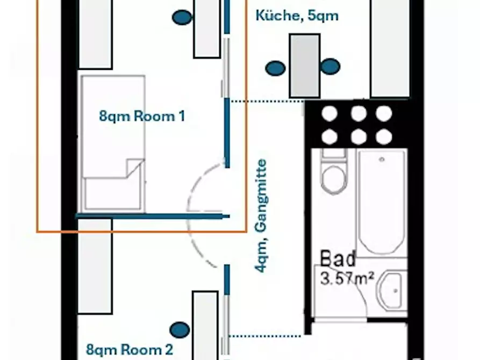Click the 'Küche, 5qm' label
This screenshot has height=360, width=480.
(297, 16)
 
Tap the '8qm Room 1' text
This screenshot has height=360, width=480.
(142, 116)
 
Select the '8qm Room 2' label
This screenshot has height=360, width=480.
(130, 350)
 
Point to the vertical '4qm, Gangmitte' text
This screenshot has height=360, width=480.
(261, 216)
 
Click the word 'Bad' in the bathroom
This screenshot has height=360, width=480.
(338, 258)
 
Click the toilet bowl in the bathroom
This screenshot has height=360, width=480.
(334, 179)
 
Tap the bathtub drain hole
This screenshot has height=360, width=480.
(382, 160)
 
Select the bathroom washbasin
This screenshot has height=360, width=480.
(391, 290)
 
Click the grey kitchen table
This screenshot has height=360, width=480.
(305, 66)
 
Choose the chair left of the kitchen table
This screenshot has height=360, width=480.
(275, 68)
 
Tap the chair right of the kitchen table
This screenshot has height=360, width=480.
(330, 67)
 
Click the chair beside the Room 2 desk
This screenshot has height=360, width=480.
(180, 330)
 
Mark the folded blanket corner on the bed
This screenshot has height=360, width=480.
(135, 168)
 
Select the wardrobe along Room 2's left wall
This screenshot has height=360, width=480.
(95, 266)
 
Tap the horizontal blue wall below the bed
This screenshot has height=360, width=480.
(153, 217)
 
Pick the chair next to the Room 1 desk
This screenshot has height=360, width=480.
(182, 17)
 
